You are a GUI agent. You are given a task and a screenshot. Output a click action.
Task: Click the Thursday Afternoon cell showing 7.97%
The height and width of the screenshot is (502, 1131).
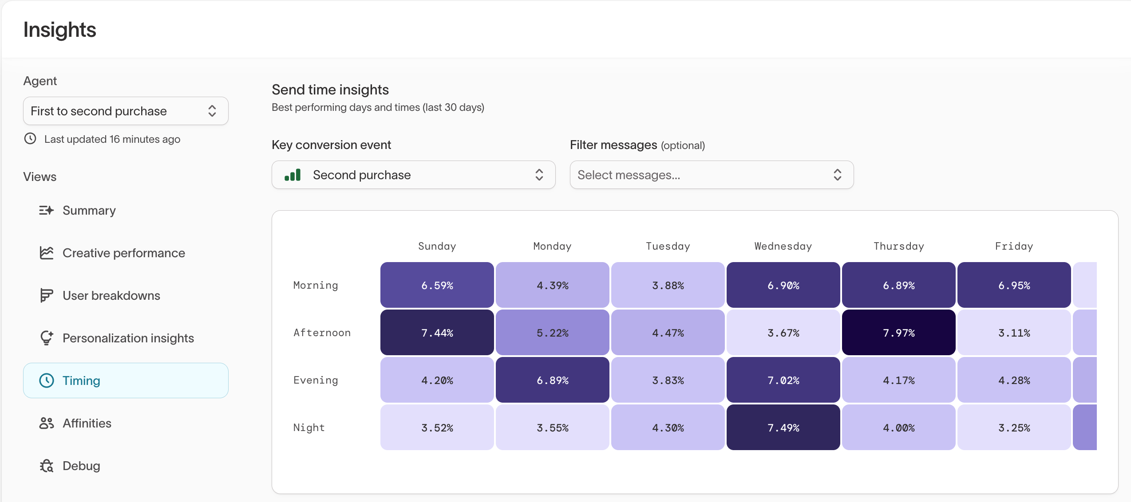[898, 333]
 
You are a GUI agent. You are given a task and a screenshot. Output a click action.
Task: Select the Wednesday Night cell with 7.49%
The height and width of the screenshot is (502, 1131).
[783, 427]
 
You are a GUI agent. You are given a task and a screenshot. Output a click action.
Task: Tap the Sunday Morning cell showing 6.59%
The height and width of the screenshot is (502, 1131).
[437, 285]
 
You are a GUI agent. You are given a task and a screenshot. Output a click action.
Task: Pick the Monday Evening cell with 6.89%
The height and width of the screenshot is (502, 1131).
[552, 380]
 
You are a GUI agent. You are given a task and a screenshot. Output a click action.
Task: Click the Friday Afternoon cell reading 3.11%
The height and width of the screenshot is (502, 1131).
[1014, 333]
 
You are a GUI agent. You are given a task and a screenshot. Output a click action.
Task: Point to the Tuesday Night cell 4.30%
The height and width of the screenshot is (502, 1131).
[668, 427]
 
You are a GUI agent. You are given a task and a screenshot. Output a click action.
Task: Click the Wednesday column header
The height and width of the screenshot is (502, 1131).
[783, 246]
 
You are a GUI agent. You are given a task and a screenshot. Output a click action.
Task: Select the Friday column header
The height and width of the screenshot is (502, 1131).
[1014, 246]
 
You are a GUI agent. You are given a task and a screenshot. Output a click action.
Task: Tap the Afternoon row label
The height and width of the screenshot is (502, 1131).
[322, 333]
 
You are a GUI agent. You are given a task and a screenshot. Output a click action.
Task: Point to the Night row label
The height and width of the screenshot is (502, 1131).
[309, 427]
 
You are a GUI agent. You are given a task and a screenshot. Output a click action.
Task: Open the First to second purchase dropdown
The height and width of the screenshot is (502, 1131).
[126, 111]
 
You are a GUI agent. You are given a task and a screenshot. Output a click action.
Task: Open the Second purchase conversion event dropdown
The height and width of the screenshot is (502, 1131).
[413, 175]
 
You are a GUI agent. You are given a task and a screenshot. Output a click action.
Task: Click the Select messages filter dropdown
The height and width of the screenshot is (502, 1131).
[712, 175]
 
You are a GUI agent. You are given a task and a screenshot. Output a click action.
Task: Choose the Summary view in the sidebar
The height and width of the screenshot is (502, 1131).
[89, 210]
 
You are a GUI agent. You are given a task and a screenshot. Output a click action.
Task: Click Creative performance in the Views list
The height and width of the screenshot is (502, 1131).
[123, 253]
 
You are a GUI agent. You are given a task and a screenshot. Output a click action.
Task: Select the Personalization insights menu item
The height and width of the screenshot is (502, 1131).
[128, 338]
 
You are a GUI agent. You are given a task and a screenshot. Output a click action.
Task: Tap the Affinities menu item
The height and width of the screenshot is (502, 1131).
[87, 423]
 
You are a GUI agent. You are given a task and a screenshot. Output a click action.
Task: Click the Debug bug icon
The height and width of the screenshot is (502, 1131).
[47, 466]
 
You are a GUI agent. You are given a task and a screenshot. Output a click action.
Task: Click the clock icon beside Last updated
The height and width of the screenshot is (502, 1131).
[30, 139]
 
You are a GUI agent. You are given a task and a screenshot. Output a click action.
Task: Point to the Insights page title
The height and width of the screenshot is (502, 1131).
[59, 30]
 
